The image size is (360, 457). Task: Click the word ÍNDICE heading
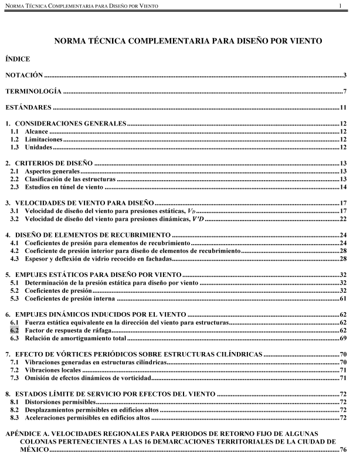point(19,59)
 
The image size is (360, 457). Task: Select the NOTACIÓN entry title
point(24,76)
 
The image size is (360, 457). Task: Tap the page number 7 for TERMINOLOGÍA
point(347,92)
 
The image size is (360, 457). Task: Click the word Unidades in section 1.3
point(39,148)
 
